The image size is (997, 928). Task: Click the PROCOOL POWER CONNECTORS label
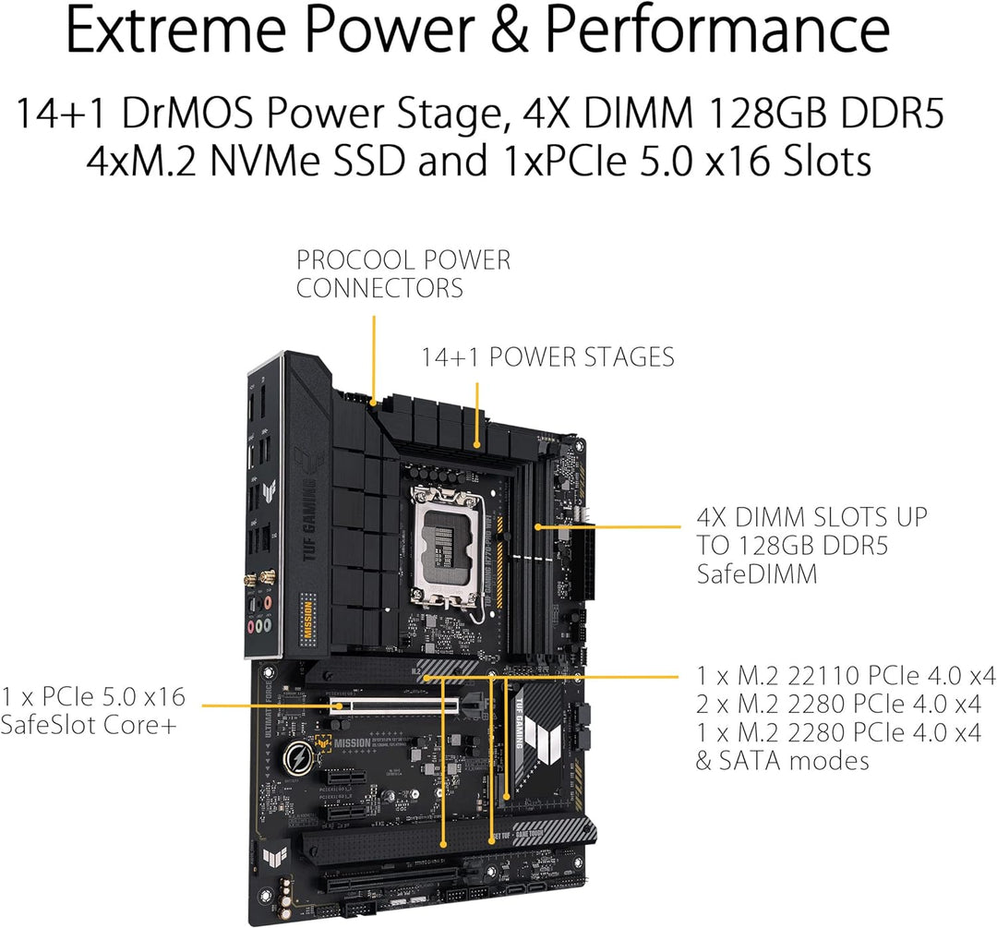[402, 273]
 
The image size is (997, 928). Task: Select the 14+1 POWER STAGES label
[548, 356]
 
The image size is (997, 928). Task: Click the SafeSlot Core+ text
[90, 725]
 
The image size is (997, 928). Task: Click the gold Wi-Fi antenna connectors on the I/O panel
[264, 578]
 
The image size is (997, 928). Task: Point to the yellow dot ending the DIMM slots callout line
[539, 527]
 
